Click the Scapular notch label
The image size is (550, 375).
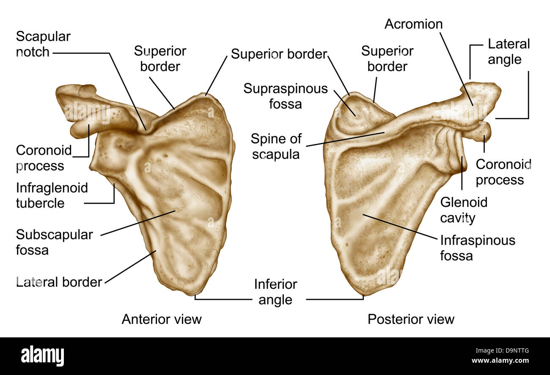click(x=43, y=44)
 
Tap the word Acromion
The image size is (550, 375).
click(x=414, y=24)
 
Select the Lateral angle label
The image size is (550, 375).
click(x=509, y=52)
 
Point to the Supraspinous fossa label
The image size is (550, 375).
click(x=286, y=96)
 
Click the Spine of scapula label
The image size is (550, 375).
click(x=276, y=147)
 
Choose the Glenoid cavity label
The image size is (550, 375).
click(x=464, y=210)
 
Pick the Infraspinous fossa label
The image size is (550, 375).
click(x=478, y=248)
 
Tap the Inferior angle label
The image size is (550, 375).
click(x=275, y=292)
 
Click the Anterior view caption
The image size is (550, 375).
click(x=162, y=319)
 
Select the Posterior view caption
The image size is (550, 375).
click(x=411, y=319)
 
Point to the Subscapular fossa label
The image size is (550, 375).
click(x=54, y=242)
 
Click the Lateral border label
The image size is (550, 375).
click(x=59, y=282)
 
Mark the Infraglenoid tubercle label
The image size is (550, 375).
click(x=52, y=195)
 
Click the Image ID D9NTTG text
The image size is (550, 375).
click(x=502, y=350)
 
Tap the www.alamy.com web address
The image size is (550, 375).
click(x=500, y=360)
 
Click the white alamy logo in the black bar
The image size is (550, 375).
click(x=42, y=356)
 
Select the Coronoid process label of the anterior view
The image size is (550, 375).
click(x=44, y=158)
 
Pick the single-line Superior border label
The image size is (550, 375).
click(x=279, y=54)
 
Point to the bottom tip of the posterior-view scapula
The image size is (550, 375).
click(x=363, y=296)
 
